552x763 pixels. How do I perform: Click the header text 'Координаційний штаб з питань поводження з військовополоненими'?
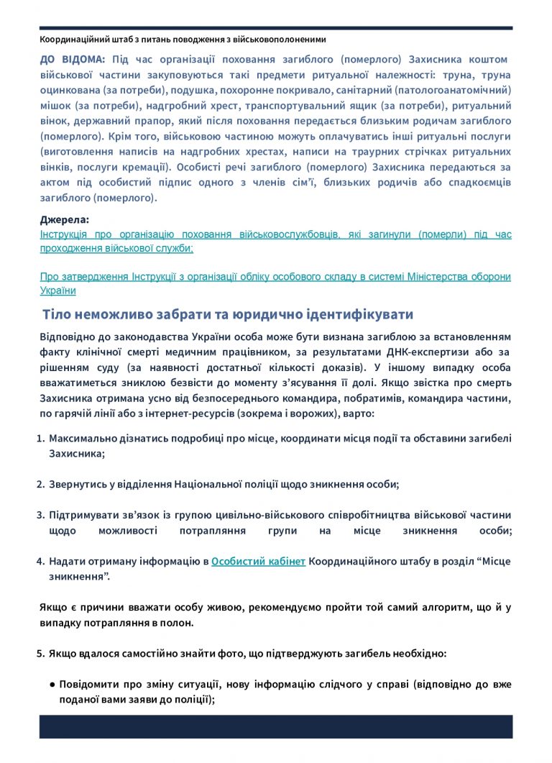pos(183,40)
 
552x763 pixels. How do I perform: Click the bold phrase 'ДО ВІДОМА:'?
pos(72,59)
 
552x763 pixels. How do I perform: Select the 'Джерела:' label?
pos(65,220)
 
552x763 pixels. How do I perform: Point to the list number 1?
pos(40,438)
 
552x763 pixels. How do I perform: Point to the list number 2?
pos(40,484)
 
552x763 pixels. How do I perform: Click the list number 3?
pos(40,515)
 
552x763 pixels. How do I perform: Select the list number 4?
pos(40,561)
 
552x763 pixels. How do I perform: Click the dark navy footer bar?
pos(275,726)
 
